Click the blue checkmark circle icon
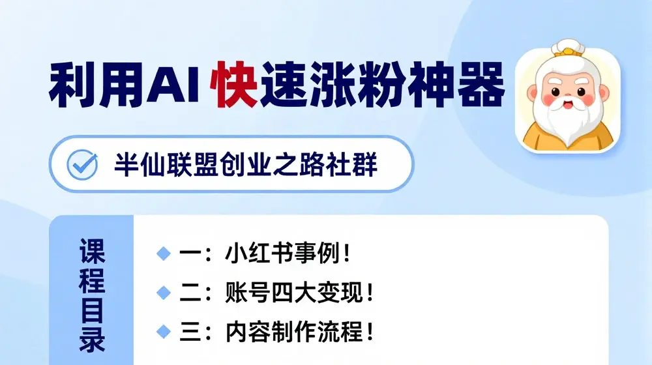(83, 164)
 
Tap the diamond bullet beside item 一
(162, 254)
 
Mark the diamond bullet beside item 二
(162, 293)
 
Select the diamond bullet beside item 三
(162, 332)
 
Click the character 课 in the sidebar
(92, 250)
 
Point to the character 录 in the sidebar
(92, 340)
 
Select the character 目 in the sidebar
(92, 310)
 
